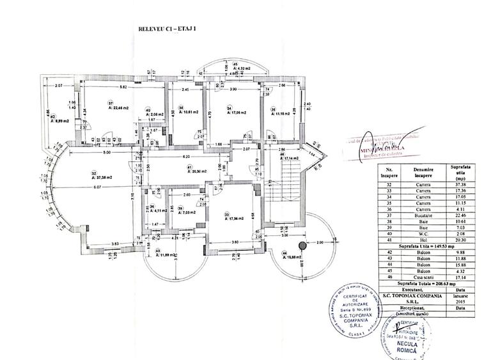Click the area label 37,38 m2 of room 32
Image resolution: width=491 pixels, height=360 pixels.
(x=102, y=176)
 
